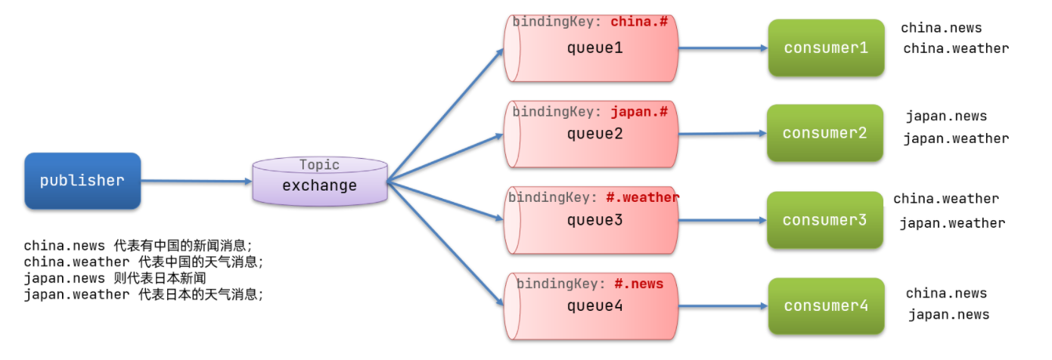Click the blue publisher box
point(82,181)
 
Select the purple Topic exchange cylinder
point(319,182)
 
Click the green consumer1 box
point(826,48)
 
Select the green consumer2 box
point(824,133)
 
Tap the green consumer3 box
point(824,220)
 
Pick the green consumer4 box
point(826,306)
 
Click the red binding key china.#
point(639,21)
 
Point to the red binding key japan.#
point(639,112)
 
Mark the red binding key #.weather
point(642,197)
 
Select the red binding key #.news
point(638,284)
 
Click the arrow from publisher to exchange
point(196,182)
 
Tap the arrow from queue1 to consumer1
point(722,48)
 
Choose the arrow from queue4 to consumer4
point(722,306)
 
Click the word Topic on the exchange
point(319,165)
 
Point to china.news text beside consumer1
point(941,28)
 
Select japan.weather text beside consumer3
point(952,223)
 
